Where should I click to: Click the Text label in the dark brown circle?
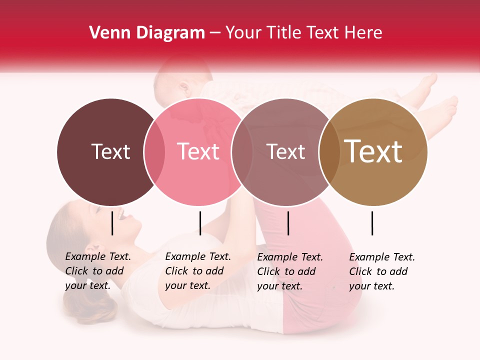pos(110,151)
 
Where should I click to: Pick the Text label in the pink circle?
pos(198,151)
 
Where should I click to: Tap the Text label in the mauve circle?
pos(285,151)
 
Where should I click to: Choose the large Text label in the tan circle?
pos(373,151)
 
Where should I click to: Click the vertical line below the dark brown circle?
pos(112,223)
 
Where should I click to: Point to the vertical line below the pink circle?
pos(200,223)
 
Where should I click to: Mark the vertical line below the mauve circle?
pos(288,223)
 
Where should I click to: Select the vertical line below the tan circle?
pos(372,223)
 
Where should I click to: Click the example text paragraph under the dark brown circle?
pos(98,271)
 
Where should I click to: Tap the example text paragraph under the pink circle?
pos(198,271)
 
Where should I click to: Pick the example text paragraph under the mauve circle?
pos(290,271)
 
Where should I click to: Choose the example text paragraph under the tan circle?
pos(382,271)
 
